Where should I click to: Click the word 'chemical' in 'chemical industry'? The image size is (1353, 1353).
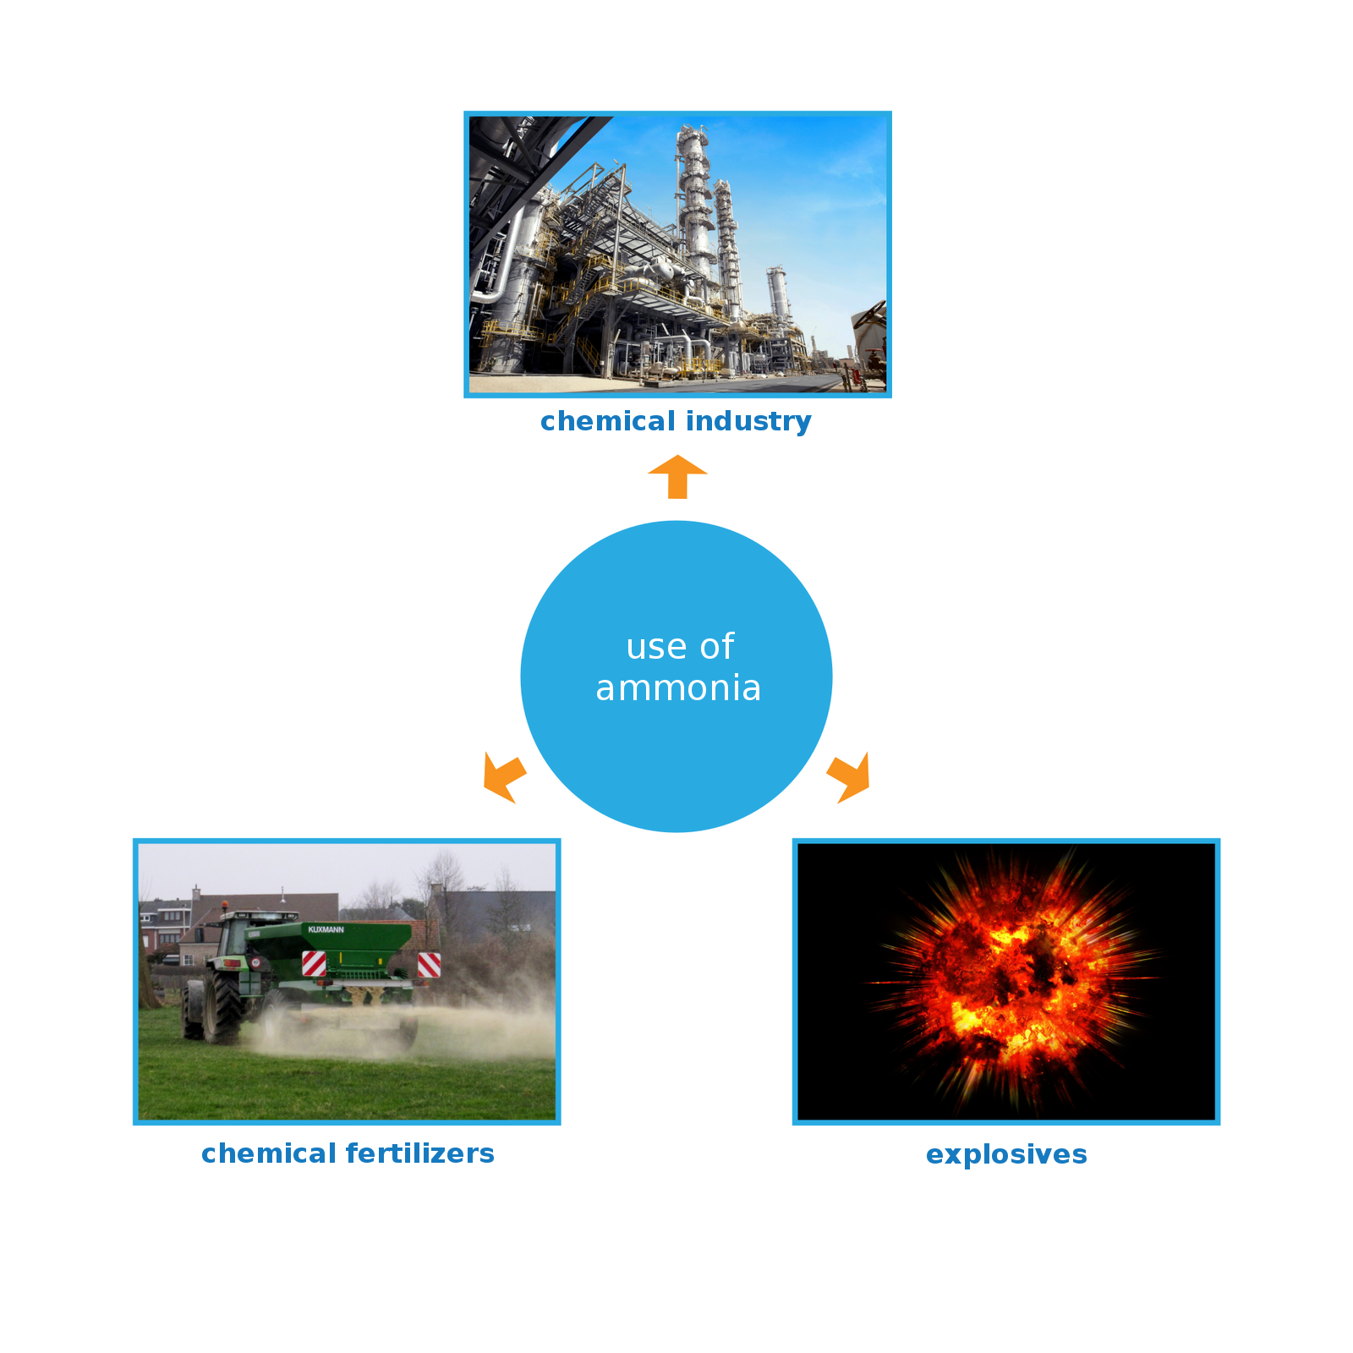click(x=608, y=421)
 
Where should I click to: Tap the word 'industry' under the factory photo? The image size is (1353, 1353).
click(x=748, y=422)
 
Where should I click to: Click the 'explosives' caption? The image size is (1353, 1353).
click(x=1006, y=1155)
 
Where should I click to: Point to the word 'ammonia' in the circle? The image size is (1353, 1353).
click(x=678, y=688)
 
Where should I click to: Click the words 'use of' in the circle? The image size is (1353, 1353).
click(x=680, y=647)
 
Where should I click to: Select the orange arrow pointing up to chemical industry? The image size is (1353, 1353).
click(x=677, y=477)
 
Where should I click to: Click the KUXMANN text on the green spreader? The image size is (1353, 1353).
click(x=326, y=929)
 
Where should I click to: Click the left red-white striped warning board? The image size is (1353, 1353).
click(x=314, y=963)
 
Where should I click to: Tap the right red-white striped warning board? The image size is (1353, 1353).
click(x=429, y=965)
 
